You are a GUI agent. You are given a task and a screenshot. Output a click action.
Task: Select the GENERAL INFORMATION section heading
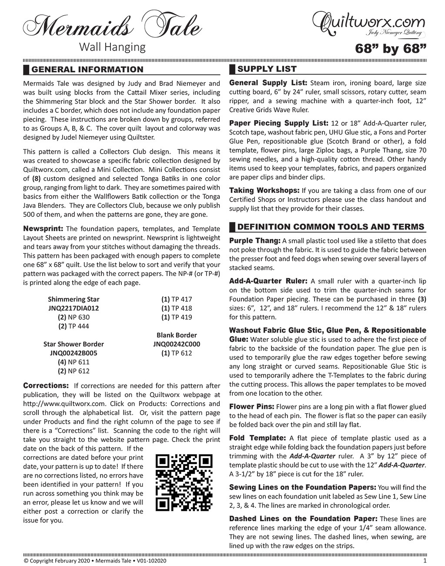(87, 70)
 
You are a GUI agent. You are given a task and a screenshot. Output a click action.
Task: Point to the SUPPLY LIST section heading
(267, 69)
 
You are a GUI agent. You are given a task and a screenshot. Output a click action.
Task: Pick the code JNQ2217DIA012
(74, 308)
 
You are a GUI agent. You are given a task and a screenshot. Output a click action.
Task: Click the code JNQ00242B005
(74, 353)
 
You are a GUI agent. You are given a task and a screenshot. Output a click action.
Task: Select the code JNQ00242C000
(177, 344)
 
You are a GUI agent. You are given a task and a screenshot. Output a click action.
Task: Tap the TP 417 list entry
(177, 299)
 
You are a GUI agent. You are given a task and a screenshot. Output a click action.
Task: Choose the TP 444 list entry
(74, 326)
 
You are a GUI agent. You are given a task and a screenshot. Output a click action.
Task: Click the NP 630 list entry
(74, 317)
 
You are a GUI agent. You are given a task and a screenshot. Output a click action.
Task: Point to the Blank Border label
(177, 335)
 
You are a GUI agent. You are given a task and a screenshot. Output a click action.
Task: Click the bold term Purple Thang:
(254, 241)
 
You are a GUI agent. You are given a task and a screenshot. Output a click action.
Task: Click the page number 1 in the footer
(425, 561)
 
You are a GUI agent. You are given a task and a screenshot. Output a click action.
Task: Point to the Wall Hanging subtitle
(112, 47)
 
